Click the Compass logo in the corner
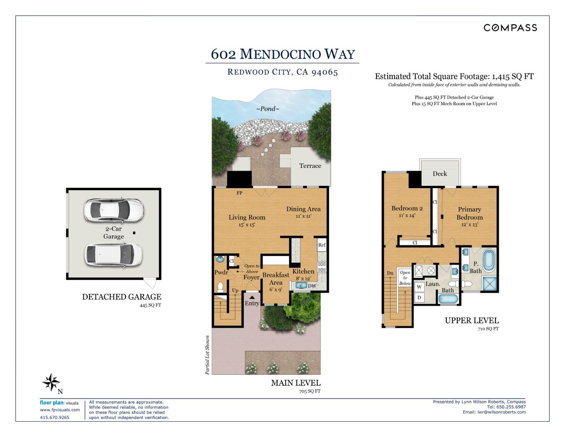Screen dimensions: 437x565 (x=510, y=28)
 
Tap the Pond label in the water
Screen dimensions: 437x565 (x=268, y=108)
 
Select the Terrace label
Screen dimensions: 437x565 (x=310, y=165)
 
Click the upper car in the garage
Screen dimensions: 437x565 (x=114, y=210)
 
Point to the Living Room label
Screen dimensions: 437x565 (x=247, y=217)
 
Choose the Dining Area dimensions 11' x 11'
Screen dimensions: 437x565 (x=303, y=216)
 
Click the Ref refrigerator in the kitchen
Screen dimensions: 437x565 (x=322, y=245)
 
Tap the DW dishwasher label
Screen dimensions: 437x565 (x=312, y=286)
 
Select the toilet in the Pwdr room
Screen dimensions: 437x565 (x=221, y=287)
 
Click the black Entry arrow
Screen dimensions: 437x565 (x=252, y=297)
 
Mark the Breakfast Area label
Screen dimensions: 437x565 (x=276, y=278)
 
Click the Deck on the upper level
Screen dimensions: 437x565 (x=440, y=174)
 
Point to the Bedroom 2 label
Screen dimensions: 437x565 (x=407, y=208)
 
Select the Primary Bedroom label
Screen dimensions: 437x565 (x=469, y=213)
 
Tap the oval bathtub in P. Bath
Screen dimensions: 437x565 (x=488, y=260)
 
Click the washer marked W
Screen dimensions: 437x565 (x=419, y=287)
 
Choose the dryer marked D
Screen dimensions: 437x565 (x=419, y=297)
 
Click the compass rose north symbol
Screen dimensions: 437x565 (x=51, y=382)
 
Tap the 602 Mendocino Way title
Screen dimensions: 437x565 (x=282, y=54)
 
